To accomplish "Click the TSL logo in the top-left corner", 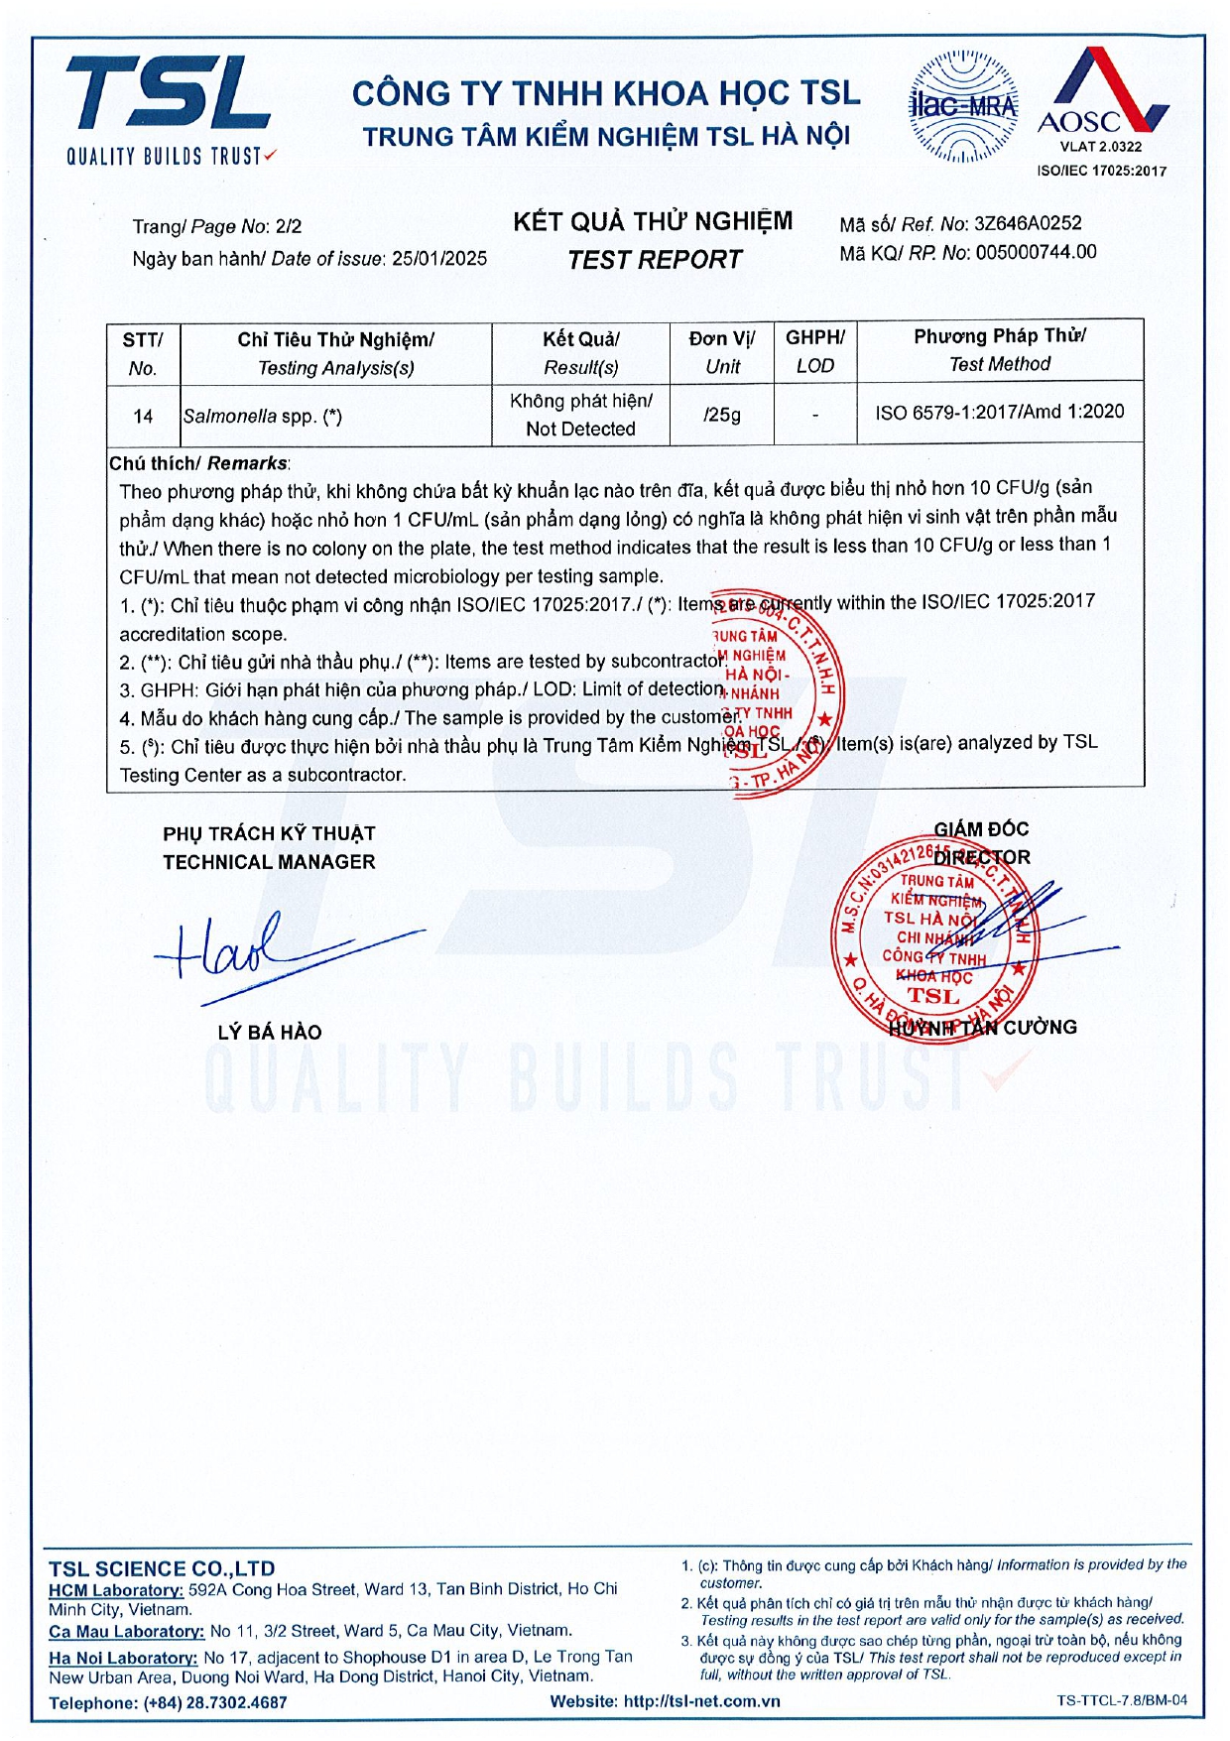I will pos(169,107).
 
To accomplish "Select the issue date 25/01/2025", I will pos(439,259).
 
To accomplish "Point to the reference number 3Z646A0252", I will pos(1028,224).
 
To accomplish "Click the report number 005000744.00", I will pos(1036,253).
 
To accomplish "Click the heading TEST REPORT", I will pos(654,260).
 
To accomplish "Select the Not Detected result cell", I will pos(580,415).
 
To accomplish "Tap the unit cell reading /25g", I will pos(722,415).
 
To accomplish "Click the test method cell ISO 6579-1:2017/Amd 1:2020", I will pos(999,412).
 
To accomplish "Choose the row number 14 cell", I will pos(143,417).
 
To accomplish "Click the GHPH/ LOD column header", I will pos(814,351).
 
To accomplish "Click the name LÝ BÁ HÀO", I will pos(270,1033).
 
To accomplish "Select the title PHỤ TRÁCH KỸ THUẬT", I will pos(269,834).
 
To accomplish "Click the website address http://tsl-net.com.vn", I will pos(701,1701).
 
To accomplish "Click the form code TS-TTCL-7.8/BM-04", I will pos(1121,1700).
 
